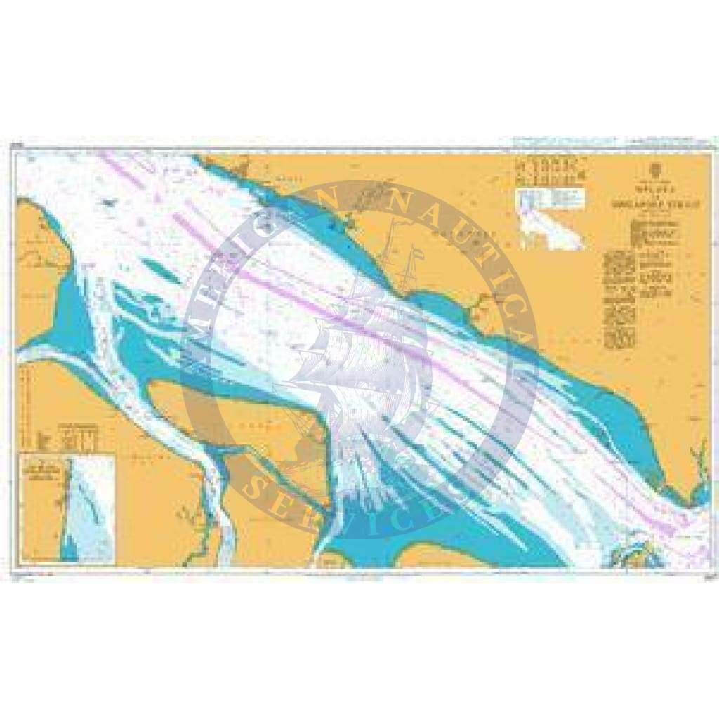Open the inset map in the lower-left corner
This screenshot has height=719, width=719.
pyautogui.click(x=67, y=508)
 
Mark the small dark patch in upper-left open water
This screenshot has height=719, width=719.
pyautogui.click(x=108, y=202)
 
